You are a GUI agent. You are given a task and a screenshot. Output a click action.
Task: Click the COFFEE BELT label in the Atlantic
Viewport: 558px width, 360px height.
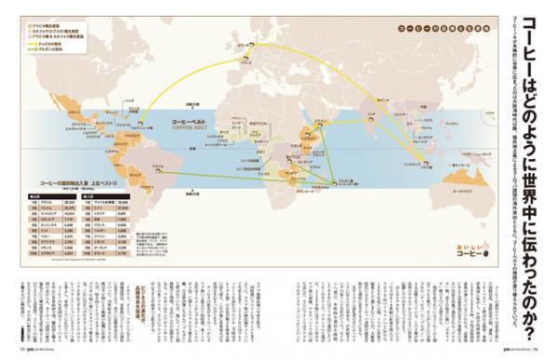(x=191, y=129)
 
